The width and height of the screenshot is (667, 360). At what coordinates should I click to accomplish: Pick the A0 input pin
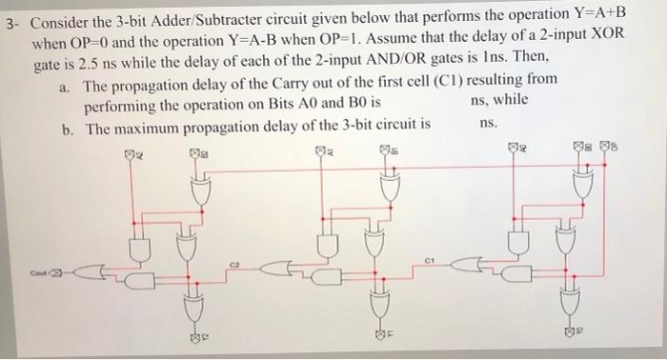click(x=514, y=150)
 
